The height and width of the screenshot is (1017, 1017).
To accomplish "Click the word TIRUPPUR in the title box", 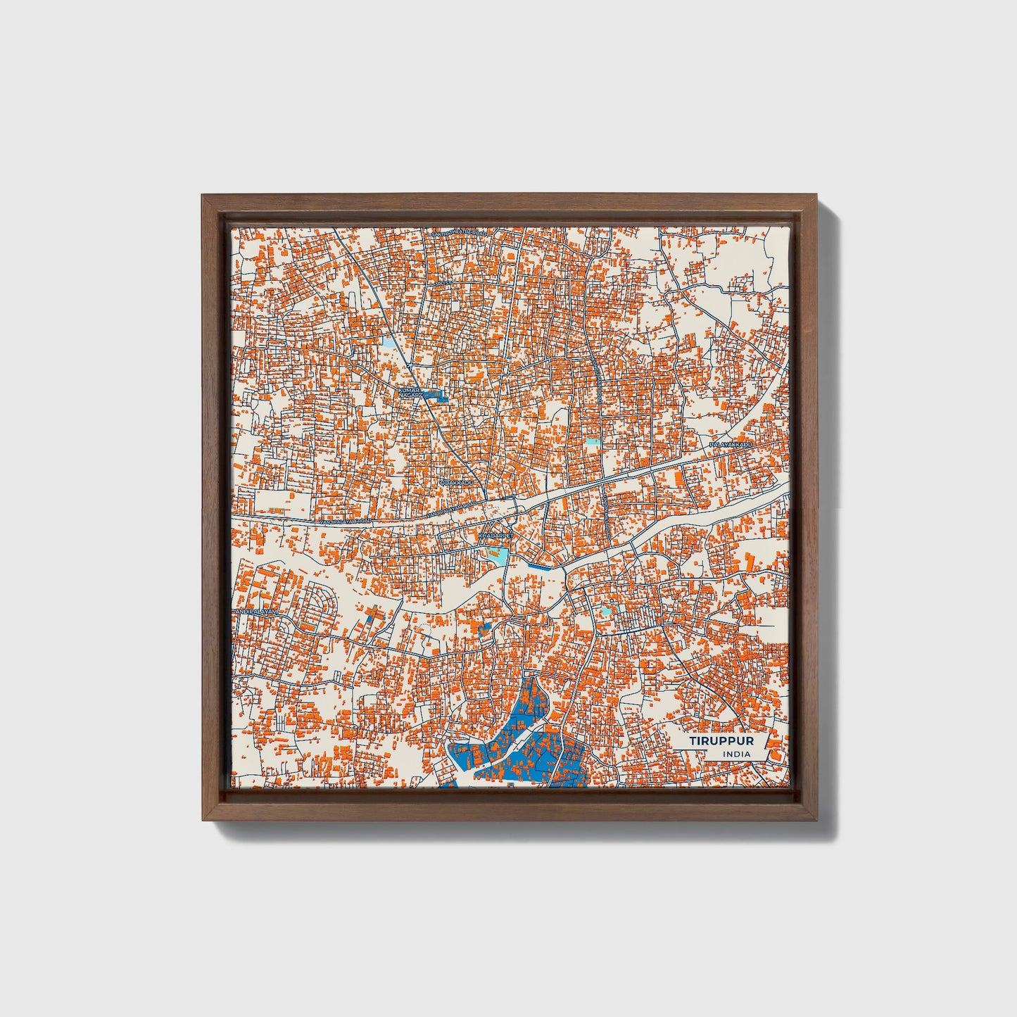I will tap(721, 742).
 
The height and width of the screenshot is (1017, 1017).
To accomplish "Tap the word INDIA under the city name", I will tap(736, 754).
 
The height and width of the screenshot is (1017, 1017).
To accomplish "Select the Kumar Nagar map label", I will tap(409, 392).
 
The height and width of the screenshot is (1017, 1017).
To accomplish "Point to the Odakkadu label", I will tap(456, 483).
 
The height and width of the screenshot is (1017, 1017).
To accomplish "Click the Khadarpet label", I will tap(495, 536).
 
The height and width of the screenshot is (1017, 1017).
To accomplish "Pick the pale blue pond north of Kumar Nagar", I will tap(389, 344).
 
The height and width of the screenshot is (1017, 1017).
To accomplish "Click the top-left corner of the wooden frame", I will tap(203, 198).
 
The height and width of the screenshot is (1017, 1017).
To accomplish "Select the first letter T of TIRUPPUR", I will tap(693, 742).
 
